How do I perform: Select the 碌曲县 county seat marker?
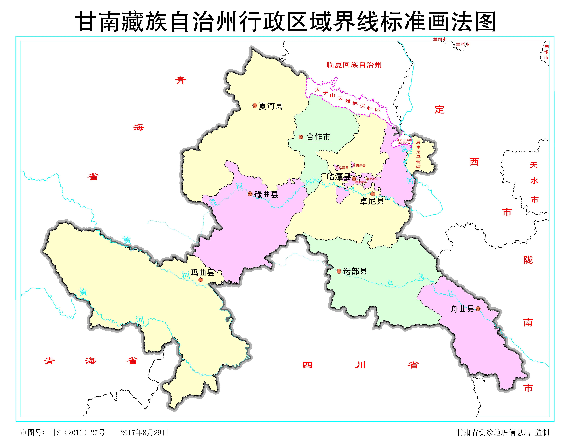(250, 194)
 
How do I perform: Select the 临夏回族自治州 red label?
(354, 65)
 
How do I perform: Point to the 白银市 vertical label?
(546, 52)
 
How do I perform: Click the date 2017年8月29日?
(144, 432)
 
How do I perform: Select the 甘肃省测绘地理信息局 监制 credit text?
(502, 432)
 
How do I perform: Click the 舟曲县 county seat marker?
(478, 309)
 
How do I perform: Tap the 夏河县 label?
(271, 106)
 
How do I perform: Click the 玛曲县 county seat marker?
(200, 280)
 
